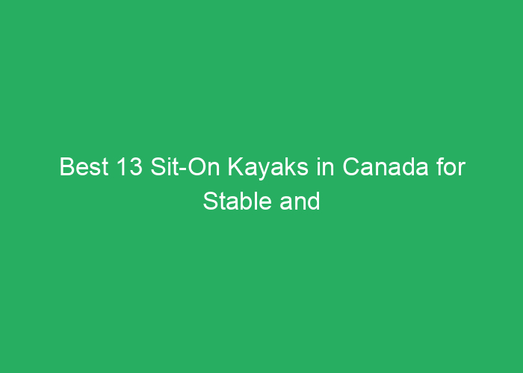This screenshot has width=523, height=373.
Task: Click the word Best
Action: click(x=84, y=166)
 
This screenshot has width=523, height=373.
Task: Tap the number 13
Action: click(x=129, y=166)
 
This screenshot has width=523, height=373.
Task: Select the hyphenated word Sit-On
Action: click(x=185, y=166)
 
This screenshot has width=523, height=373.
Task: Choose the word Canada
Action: click(x=386, y=166)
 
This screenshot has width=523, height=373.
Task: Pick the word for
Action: click(x=451, y=166)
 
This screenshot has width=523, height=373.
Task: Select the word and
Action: click(x=300, y=201)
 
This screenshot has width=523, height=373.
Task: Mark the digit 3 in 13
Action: click(x=136, y=166)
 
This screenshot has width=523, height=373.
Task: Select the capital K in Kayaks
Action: click(x=235, y=166)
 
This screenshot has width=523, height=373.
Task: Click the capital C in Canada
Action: click(x=351, y=166)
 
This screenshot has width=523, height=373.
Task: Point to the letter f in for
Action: click(x=440, y=166)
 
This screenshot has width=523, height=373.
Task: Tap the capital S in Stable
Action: click(x=211, y=201)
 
